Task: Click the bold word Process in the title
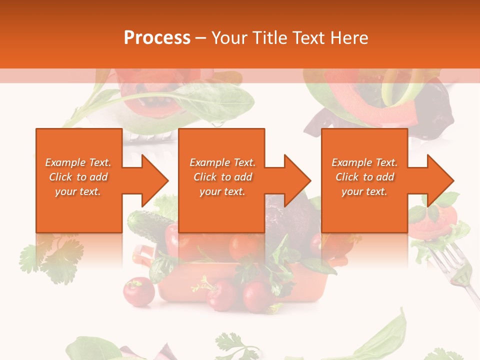pos(157,38)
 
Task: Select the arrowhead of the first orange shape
pos(154,180)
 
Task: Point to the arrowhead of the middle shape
pos(296,180)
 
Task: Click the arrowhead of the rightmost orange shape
pos(439,180)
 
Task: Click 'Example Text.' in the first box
pos(78,162)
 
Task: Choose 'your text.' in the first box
pos(78,191)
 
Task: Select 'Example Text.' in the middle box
pos(222,162)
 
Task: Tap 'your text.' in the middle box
pos(222,191)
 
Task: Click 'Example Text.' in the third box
pos(364,162)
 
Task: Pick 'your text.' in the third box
pos(364,191)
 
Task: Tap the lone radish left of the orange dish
pos(138,290)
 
